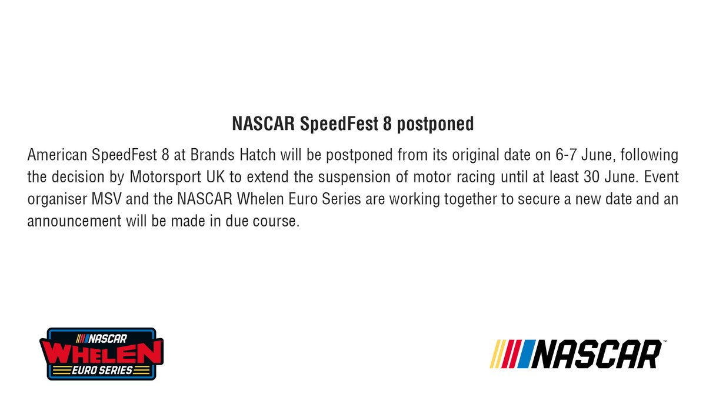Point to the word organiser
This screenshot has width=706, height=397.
point(53,199)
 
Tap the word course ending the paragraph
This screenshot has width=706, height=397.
point(271,221)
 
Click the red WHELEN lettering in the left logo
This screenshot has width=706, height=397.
point(101,353)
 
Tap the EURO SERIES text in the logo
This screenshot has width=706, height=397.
point(101,369)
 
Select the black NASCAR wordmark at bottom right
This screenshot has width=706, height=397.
point(597,353)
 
